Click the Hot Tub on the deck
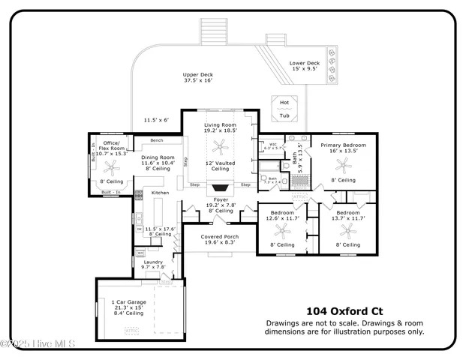pyautogui.click(x=284, y=108)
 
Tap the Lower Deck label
pyautogui.click(x=305, y=63)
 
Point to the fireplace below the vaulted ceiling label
pyautogui.click(x=221, y=187)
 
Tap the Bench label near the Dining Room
pyautogui.click(x=157, y=140)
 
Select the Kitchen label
pyautogui.click(x=161, y=193)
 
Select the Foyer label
pyautogui.click(x=221, y=200)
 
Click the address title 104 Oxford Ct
pyautogui.click(x=344, y=310)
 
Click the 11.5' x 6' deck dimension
pyautogui.click(x=156, y=119)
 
